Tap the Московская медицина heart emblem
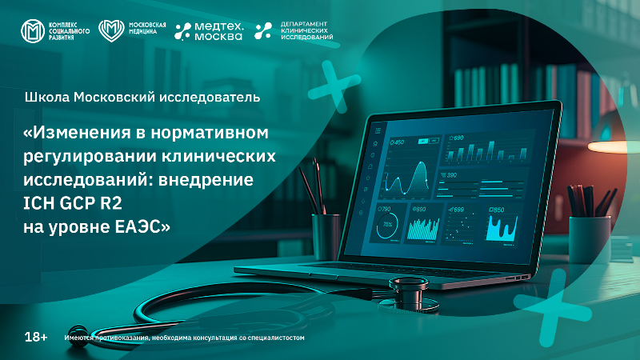click(x=110, y=31)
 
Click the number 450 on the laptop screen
click(x=398, y=142)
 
